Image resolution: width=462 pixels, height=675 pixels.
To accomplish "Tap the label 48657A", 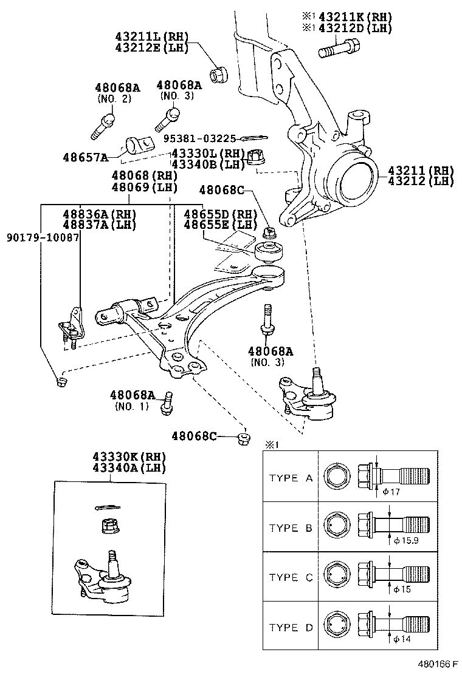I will (x=85, y=157).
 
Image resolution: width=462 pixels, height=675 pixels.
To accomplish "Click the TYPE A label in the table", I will (x=292, y=478).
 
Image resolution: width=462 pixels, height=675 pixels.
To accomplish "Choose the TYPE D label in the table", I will (x=292, y=628).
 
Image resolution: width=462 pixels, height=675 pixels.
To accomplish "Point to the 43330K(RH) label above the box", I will (x=129, y=456).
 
